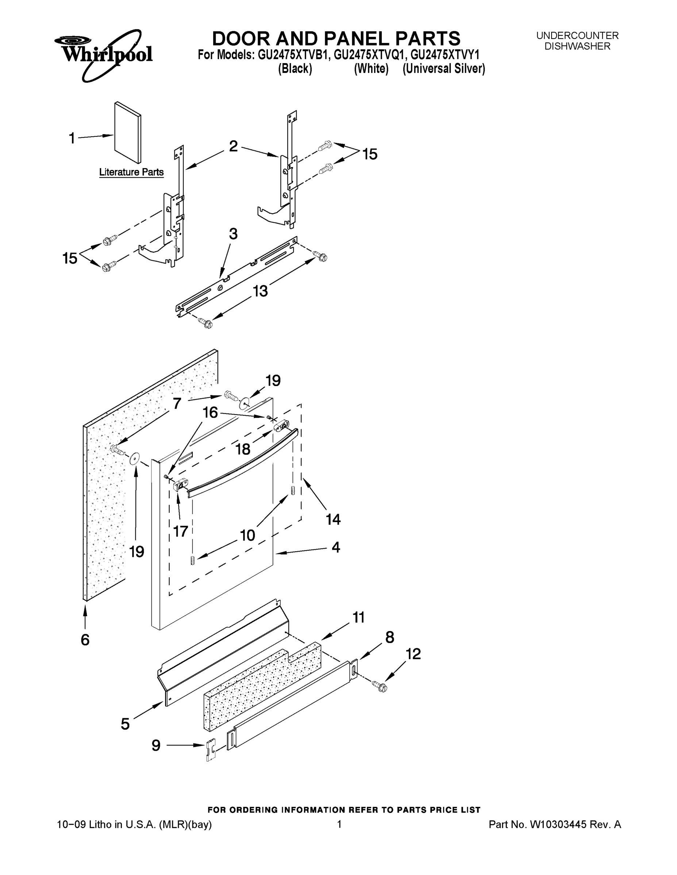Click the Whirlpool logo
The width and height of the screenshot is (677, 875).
click(104, 54)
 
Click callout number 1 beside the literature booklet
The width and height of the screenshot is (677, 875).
click(72, 139)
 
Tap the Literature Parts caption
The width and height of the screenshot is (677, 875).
click(131, 172)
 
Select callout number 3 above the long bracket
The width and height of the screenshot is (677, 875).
click(233, 234)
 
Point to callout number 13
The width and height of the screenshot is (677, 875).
click(260, 291)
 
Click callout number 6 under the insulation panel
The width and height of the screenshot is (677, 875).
click(85, 640)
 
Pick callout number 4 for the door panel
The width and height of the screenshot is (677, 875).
click(336, 547)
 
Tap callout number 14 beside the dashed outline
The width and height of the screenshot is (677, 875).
click(333, 519)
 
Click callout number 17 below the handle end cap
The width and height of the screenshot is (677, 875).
click(181, 531)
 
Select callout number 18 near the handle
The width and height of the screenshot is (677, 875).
click(243, 450)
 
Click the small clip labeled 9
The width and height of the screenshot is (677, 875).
click(210, 749)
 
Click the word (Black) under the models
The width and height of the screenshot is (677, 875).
click(295, 69)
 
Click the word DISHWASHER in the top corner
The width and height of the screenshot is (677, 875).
click(577, 46)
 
